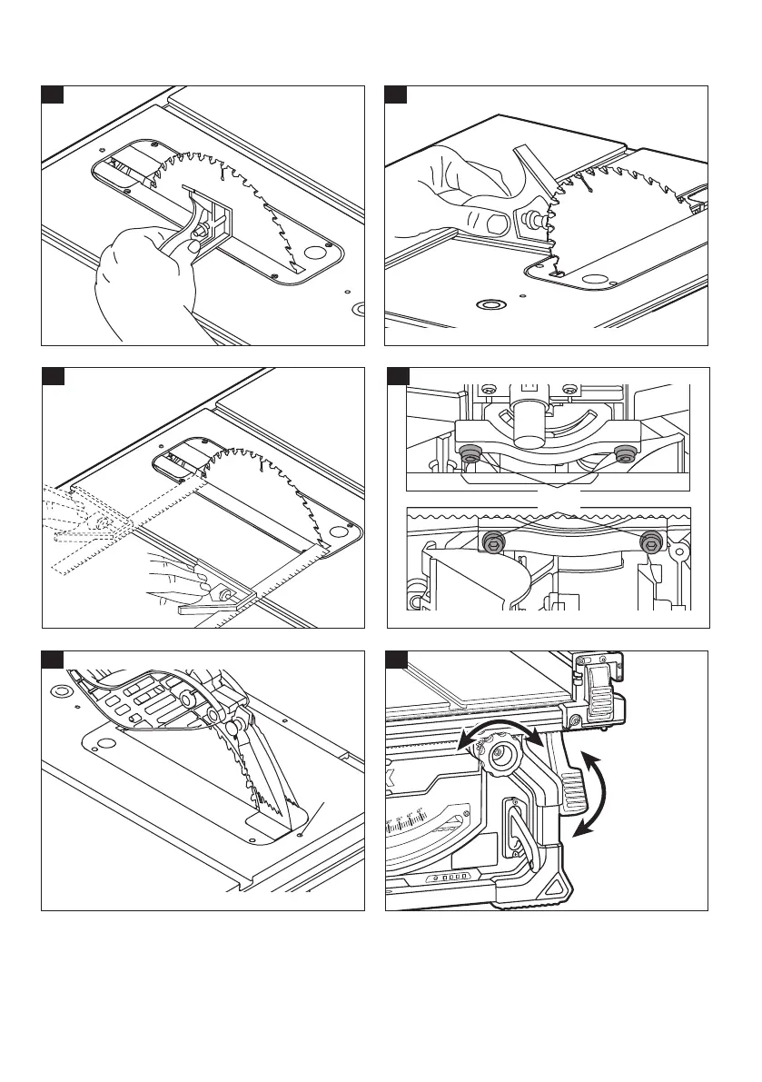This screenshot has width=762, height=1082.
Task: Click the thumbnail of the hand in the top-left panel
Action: [x=193, y=246]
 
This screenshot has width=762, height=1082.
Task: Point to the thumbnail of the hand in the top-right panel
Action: [x=497, y=222]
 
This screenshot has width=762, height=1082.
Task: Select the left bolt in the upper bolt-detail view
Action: [x=470, y=452]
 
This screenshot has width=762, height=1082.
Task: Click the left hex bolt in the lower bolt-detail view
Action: [x=491, y=542]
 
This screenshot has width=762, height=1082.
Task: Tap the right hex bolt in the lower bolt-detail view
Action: [x=650, y=543]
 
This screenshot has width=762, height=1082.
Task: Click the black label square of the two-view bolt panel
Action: [x=397, y=375]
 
